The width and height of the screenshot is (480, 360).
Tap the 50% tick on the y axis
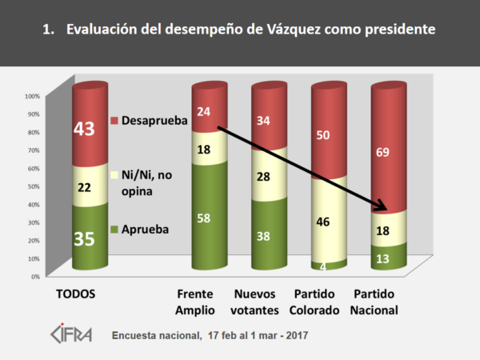(x=34, y=186)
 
